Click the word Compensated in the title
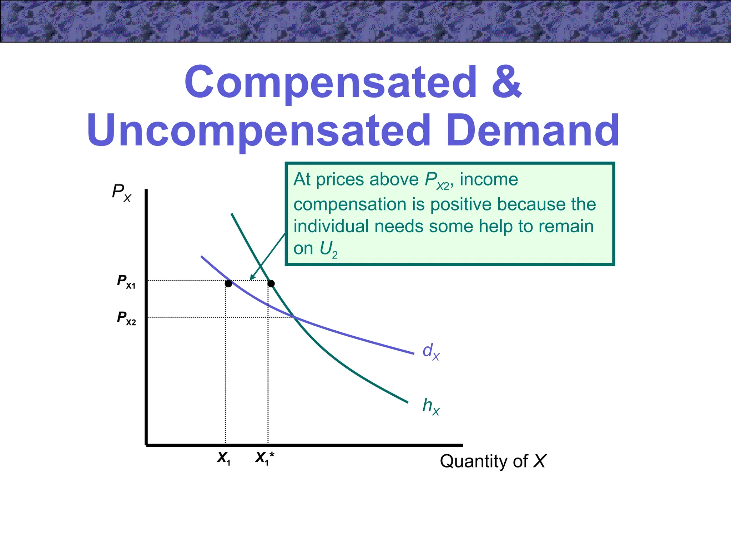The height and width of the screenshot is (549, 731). pyautogui.click(x=331, y=83)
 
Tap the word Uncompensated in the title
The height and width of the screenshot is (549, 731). pyautogui.click(x=259, y=131)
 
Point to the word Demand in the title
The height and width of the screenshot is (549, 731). pyautogui.click(x=533, y=131)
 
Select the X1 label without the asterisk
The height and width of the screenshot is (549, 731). pyautogui.click(x=224, y=458)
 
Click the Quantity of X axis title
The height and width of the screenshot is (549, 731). pyautogui.click(x=493, y=461)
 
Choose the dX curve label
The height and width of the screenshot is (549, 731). pyautogui.click(x=431, y=352)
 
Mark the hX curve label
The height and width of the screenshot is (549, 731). pyautogui.click(x=431, y=406)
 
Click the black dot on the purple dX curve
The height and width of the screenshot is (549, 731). pyautogui.click(x=228, y=284)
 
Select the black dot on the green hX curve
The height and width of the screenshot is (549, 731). pyautogui.click(x=271, y=284)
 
